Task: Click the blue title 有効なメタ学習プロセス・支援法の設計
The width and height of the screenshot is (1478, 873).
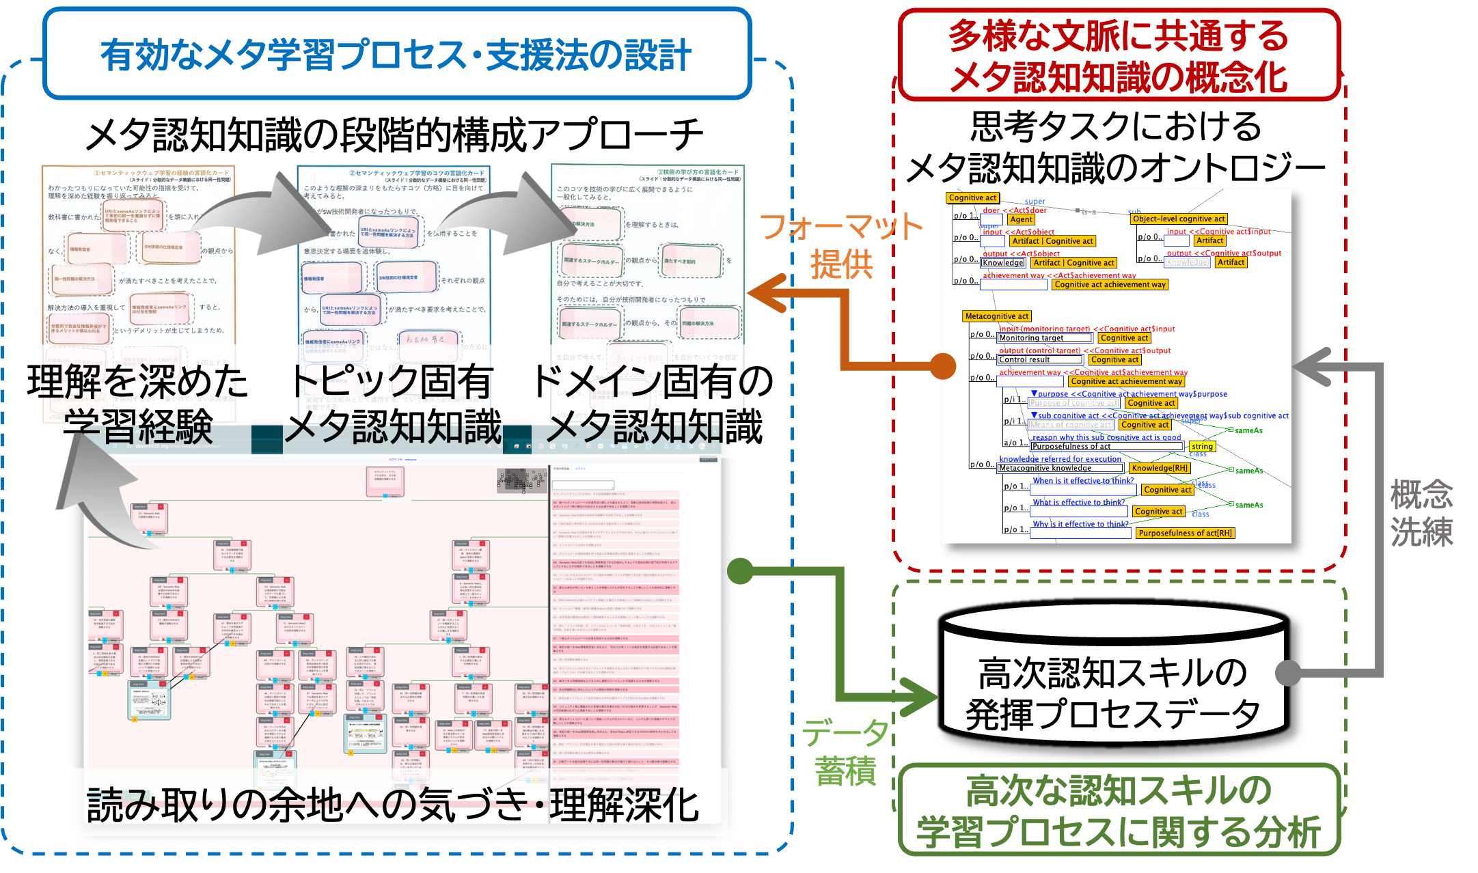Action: tap(396, 55)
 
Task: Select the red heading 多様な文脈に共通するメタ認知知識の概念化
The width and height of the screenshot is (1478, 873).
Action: tap(1118, 56)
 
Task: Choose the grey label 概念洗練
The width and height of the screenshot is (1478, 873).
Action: tap(1421, 512)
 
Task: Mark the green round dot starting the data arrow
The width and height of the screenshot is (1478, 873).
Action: tap(739, 570)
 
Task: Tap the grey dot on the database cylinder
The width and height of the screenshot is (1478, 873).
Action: tap(1288, 673)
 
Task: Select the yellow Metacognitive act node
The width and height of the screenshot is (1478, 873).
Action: tap(997, 316)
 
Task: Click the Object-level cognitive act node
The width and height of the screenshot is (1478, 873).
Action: tap(1179, 219)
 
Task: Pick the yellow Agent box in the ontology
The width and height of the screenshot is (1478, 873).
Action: tap(1021, 219)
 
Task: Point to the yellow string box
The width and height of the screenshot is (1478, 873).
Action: tap(1202, 446)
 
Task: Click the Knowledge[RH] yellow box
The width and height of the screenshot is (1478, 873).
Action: tap(1160, 468)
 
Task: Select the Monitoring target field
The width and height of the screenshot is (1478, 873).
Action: tap(1044, 338)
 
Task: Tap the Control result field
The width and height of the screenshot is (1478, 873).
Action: tap(1040, 359)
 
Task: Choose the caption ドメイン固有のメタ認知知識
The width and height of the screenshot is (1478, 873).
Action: tap(653, 403)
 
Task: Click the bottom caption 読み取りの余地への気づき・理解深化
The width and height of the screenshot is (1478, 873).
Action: tap(393, 805)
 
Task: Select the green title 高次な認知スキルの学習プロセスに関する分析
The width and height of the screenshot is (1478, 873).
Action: tap(1118, 811)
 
